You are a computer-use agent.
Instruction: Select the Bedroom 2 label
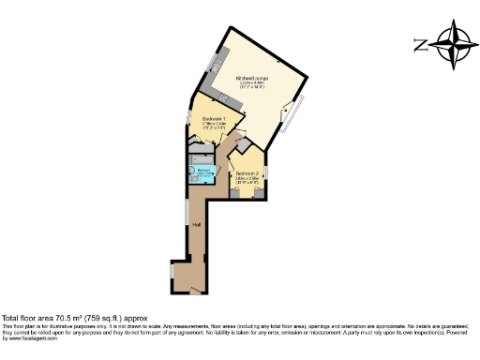(x=247, y=174)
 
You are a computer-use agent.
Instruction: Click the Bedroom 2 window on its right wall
(x=267, y=178)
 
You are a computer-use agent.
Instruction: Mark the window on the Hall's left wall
(x=186, y=212)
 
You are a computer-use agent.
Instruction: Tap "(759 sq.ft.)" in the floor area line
(x=111, y=317)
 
